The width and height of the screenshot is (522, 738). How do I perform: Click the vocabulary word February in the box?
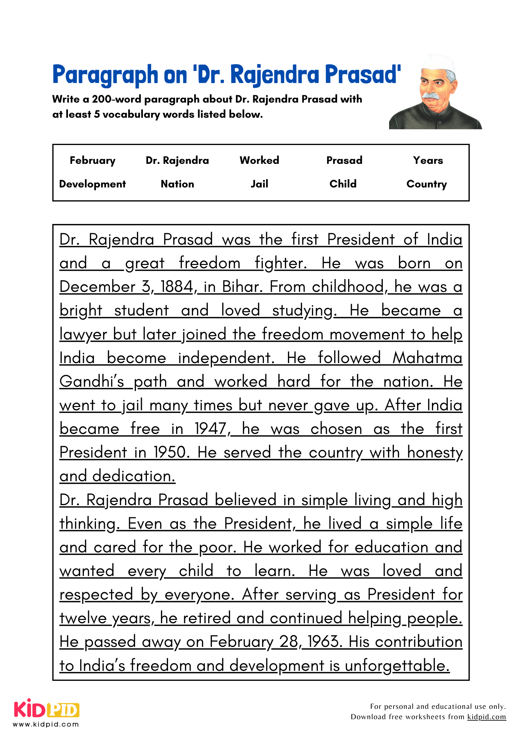(92, 161)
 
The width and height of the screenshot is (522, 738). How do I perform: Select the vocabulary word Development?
(92, 184)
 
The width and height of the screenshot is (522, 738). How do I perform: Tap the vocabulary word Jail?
(259, 184)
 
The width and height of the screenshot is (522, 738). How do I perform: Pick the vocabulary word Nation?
(177, 184)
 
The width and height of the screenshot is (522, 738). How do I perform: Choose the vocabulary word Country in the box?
(426, 184)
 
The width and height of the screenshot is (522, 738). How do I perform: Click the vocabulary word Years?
(428, 161)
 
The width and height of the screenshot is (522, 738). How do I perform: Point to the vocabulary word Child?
(343, 184)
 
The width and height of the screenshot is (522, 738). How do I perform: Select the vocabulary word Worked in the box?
(259, 161)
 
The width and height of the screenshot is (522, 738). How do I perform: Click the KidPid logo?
(47, 709)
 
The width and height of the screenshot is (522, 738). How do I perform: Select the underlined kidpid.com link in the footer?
(486, 717)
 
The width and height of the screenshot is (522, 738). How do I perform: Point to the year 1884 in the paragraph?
(177, 287)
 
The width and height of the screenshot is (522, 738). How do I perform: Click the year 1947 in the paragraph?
(210, 429)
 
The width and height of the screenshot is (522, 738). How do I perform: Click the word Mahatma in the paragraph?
(427, 358)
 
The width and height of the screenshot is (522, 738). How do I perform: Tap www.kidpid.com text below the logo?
(46, 724)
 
